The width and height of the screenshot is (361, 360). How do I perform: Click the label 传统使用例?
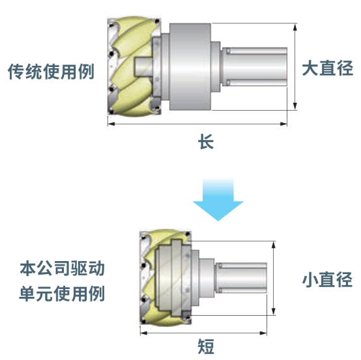tap(51, 72)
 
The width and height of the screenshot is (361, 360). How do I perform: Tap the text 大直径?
tap(327, 68)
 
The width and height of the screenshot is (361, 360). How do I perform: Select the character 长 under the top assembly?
tap(206, 141)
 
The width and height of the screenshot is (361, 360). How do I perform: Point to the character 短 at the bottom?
tap(206, 346)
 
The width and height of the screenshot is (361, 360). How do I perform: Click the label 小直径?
tap(327, 279)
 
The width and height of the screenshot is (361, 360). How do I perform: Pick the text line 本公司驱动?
tap(63, 268)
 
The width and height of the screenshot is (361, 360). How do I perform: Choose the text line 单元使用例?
tap(62, 294)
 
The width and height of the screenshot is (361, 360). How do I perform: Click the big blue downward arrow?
tap(218, 199)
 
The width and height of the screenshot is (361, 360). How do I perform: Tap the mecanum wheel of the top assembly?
tap(134, 66)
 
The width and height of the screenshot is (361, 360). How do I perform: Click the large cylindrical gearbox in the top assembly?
tap(190, 66)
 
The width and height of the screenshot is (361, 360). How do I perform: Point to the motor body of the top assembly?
tap(255, 66)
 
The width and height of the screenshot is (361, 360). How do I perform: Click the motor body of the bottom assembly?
tap(241, 278)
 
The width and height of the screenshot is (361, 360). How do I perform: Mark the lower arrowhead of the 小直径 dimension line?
tap(274, 311)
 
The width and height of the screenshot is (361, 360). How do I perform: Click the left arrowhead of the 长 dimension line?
tap(111, 124)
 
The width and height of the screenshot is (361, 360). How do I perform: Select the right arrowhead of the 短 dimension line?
tap(263, 333)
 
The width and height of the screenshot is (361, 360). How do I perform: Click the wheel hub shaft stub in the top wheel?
tap(143, 66)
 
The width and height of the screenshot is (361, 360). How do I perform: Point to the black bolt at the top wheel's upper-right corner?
tap(157, 21)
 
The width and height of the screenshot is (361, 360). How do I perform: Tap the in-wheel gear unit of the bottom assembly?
tap(173, 277)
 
